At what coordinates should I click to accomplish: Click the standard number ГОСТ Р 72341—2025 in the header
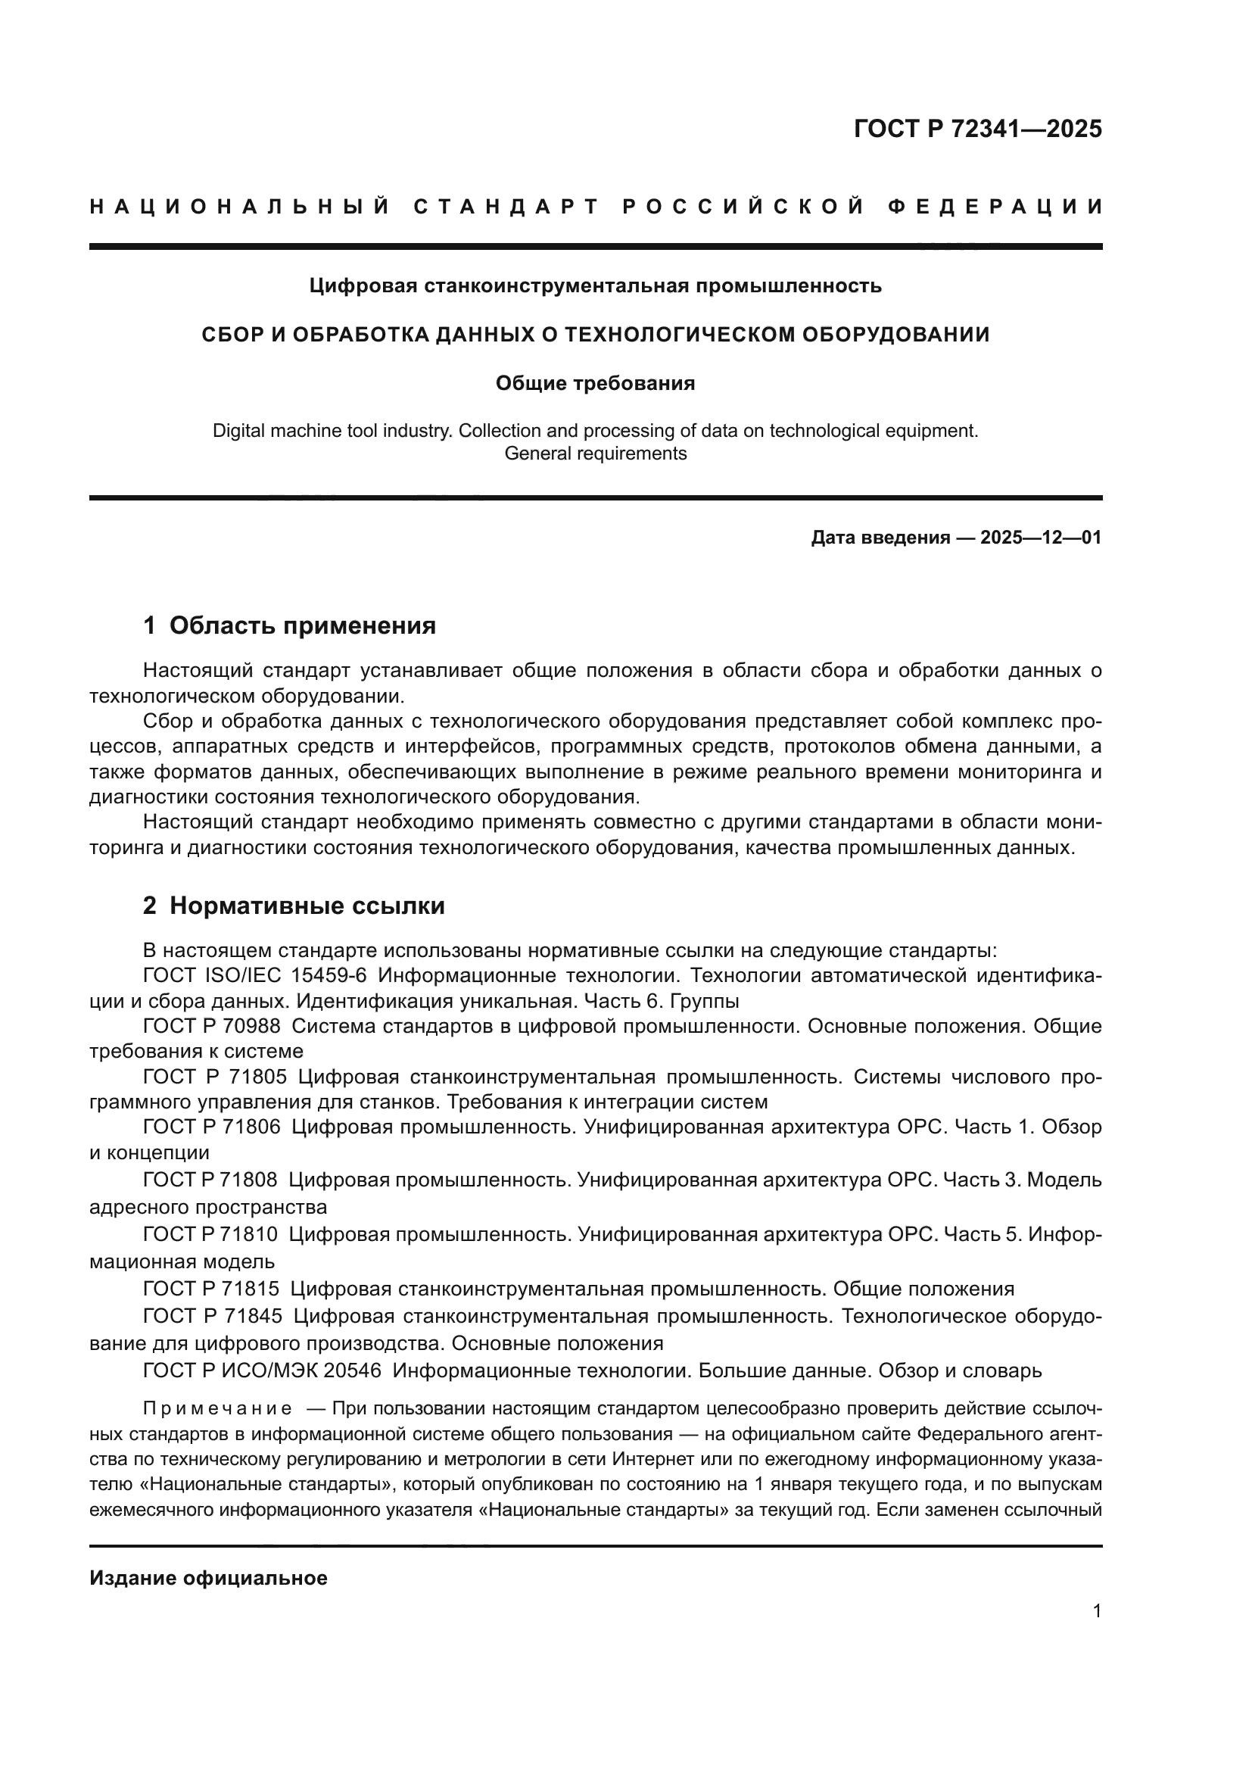[977, 129]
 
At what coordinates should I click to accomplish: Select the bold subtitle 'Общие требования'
[595, 383]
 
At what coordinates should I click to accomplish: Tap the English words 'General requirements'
[595, 454]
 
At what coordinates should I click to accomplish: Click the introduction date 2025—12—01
[1041, 538]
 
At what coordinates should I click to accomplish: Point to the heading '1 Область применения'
[290, 625]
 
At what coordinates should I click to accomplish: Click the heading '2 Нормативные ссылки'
[294, 906]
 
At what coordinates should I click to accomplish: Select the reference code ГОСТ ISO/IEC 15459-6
[254, 976]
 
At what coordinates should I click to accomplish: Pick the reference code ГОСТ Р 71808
[210, 1180]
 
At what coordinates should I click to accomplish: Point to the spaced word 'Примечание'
[217, 1408]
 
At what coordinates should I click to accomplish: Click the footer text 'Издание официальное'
[208, 1578]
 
